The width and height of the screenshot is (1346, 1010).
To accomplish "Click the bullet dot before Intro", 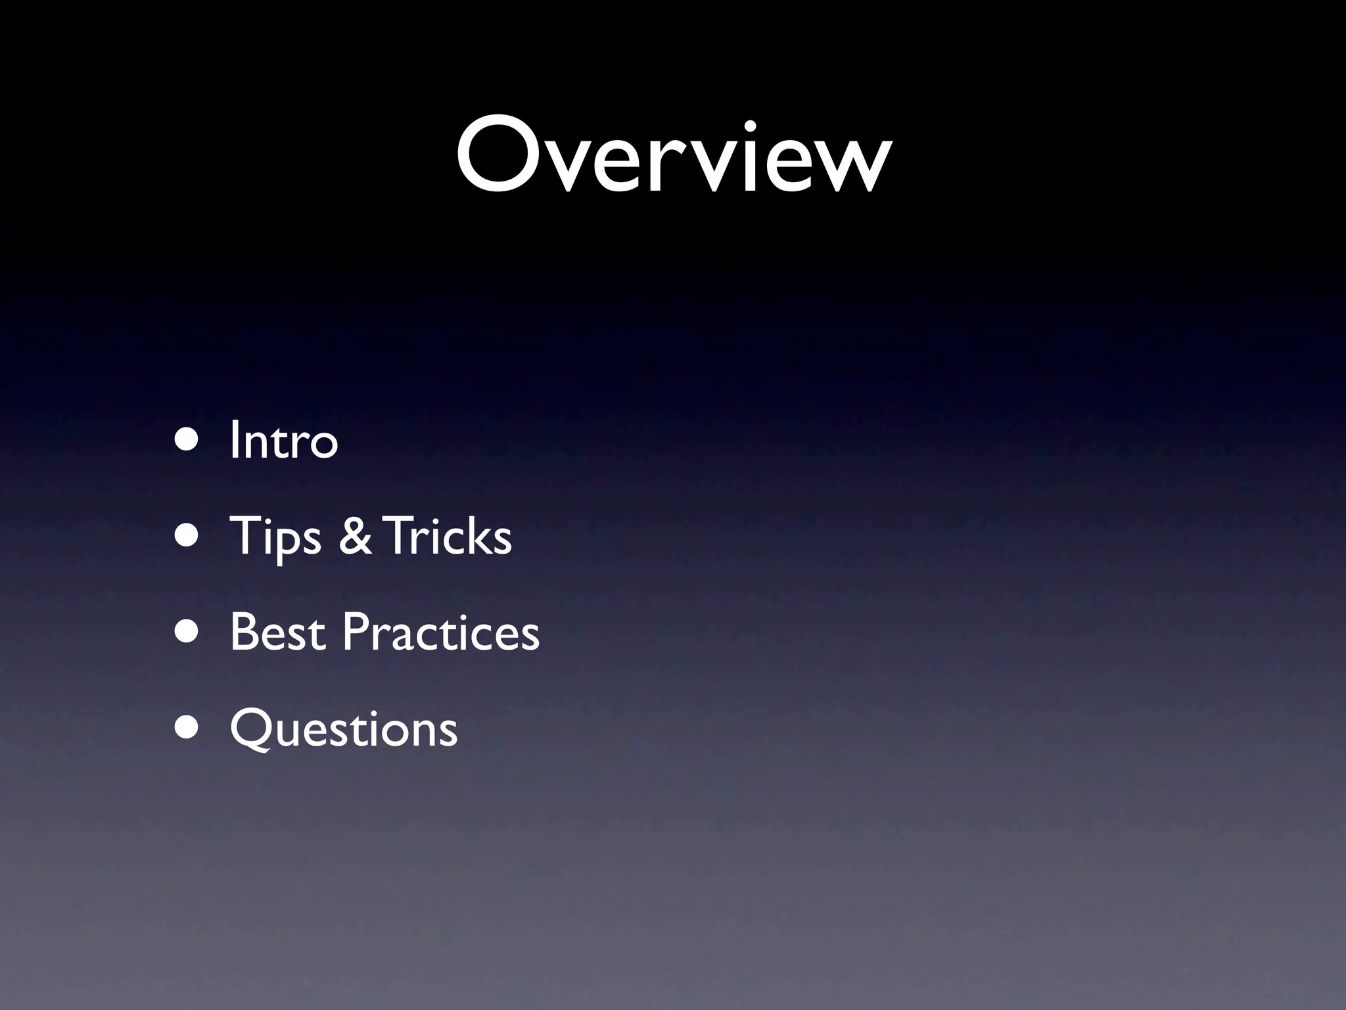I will coord(187,439).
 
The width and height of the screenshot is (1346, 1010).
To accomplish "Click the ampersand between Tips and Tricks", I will coord(355,536).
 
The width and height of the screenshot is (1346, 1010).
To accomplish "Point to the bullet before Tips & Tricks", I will coord(187,535).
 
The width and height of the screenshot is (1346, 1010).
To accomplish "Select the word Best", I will coord(277,632).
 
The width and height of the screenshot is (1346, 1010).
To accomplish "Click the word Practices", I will coord(440,632).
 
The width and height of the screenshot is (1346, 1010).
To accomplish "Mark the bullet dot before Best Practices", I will coord(187,631).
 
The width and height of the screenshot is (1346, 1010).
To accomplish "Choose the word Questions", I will coord(343,729).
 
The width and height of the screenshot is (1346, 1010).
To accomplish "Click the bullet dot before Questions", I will coord(187,728).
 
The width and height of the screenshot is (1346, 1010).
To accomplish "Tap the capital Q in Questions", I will coord(252,729).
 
